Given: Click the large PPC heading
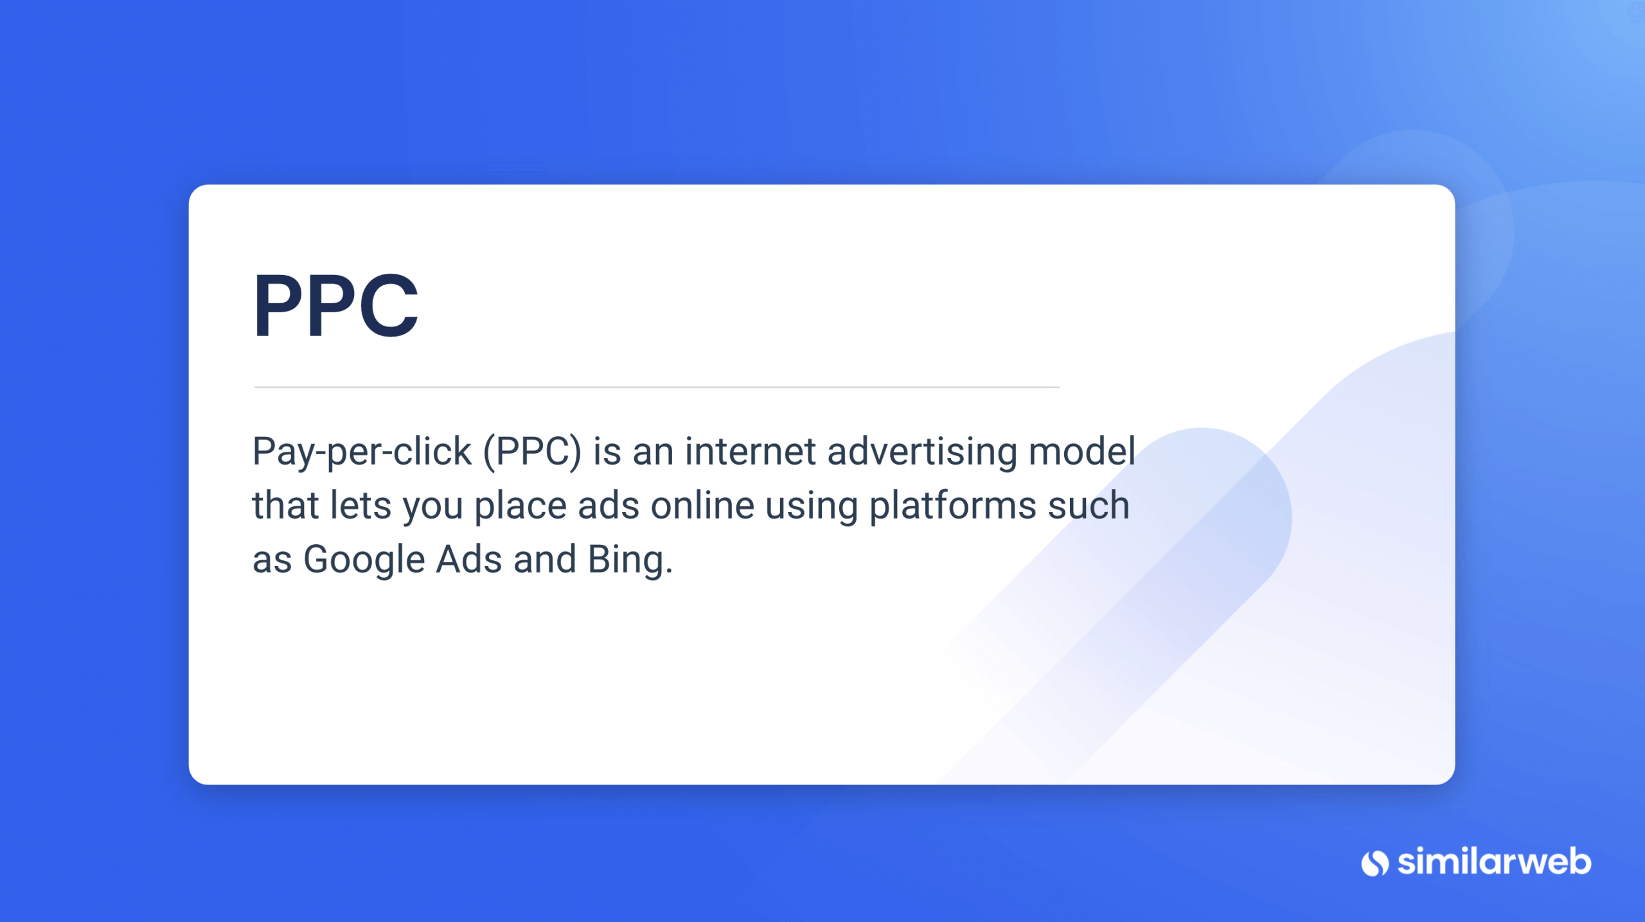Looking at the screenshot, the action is pos(336,305).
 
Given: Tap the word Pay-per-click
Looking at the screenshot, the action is pos(362,452).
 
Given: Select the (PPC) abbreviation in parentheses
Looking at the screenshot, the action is pos(533,452).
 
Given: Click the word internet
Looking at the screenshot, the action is pos(750,451).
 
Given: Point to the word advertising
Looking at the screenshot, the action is pos(922,452).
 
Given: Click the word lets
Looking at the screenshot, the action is pos(360,505).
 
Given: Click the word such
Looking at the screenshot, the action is pos(1089,505).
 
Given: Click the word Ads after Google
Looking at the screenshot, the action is pos(469,559).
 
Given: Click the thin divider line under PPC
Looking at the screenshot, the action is pos(657,387).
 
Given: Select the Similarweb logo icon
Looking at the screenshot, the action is pos(1375,863).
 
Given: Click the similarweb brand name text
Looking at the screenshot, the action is pos(1495,862).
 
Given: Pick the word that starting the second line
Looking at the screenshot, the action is pos(286,505).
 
